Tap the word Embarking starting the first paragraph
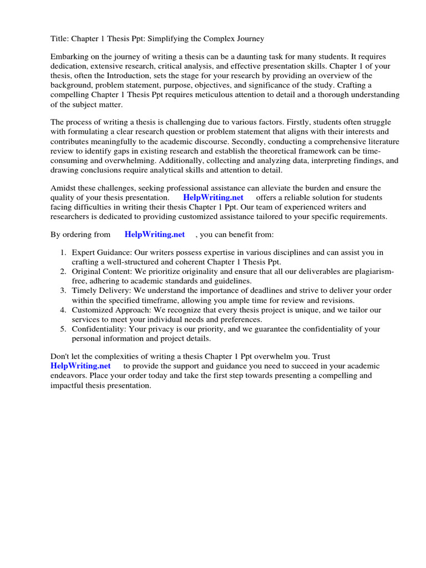tap(70, 57)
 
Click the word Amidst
tap(64, 188)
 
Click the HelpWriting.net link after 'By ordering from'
tap(155, 235)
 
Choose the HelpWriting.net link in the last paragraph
tap(80, 366)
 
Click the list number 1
tap(63, 252)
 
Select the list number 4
tap(63, 310)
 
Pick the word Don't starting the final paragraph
tap(60, 357)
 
